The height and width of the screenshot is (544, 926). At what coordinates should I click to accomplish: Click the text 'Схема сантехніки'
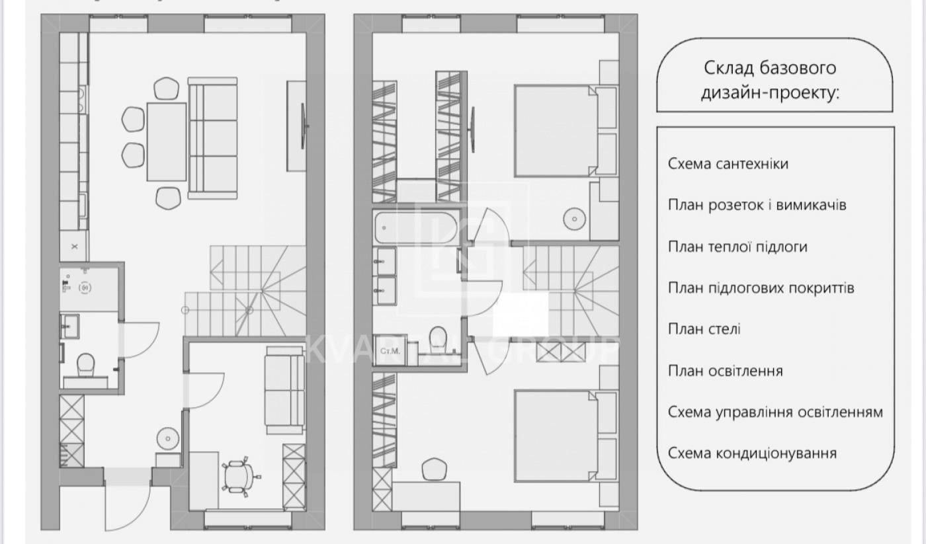(728, 164)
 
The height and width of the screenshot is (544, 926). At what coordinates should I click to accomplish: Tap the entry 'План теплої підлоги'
(737, 247)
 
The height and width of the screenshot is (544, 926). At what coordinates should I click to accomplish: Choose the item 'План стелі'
(704, 329)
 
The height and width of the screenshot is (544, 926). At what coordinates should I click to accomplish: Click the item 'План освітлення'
(726, 371)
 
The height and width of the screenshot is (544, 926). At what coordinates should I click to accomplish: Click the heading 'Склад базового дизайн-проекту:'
(770, 79)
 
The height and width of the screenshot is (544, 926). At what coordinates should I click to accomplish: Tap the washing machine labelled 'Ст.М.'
(388, 351)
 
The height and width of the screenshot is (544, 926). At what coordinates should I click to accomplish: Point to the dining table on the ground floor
(167, 141)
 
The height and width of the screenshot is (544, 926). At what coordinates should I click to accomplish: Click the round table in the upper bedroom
(573, 218)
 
